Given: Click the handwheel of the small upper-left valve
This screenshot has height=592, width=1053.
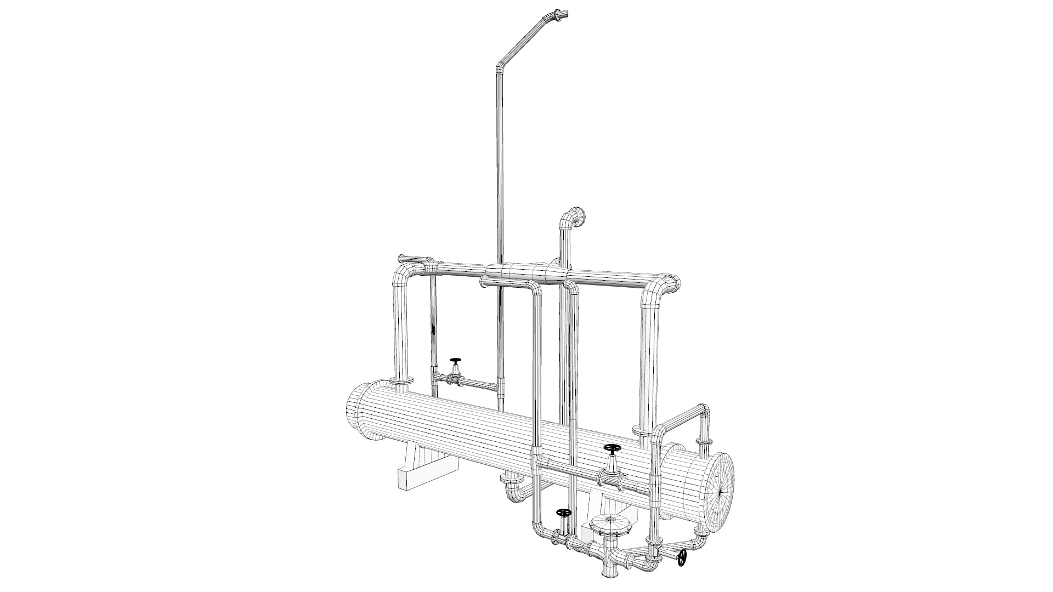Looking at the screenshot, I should click(455, 361).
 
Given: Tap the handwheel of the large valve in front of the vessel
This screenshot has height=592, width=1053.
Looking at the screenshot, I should click(612, 434).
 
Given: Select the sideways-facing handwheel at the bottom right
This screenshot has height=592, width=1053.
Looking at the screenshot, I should click(682, 558).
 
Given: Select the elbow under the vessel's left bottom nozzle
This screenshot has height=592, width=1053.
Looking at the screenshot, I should click(513, 487).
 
